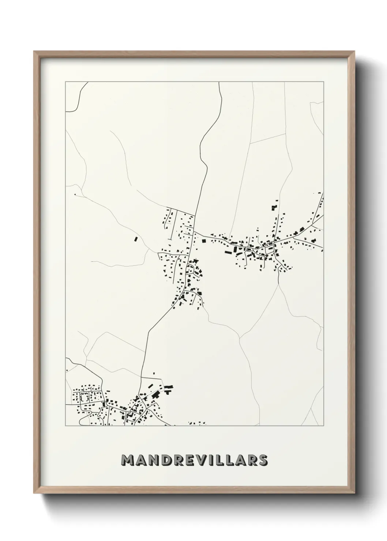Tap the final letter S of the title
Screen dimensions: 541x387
[262, 461]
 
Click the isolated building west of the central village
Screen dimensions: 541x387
[135, 239]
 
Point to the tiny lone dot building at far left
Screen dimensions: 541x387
[75, 194]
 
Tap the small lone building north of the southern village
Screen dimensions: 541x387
[154, 373]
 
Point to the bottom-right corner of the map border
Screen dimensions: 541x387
[324, 426]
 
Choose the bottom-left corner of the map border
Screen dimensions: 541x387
[65, 426]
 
